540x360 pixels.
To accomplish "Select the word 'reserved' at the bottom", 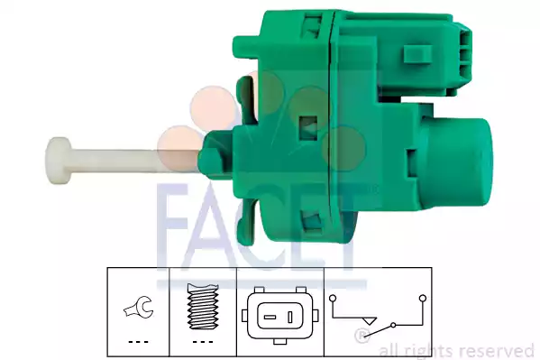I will click(x=499, y=350).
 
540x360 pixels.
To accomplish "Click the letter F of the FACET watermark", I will click(x=177, y=221).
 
